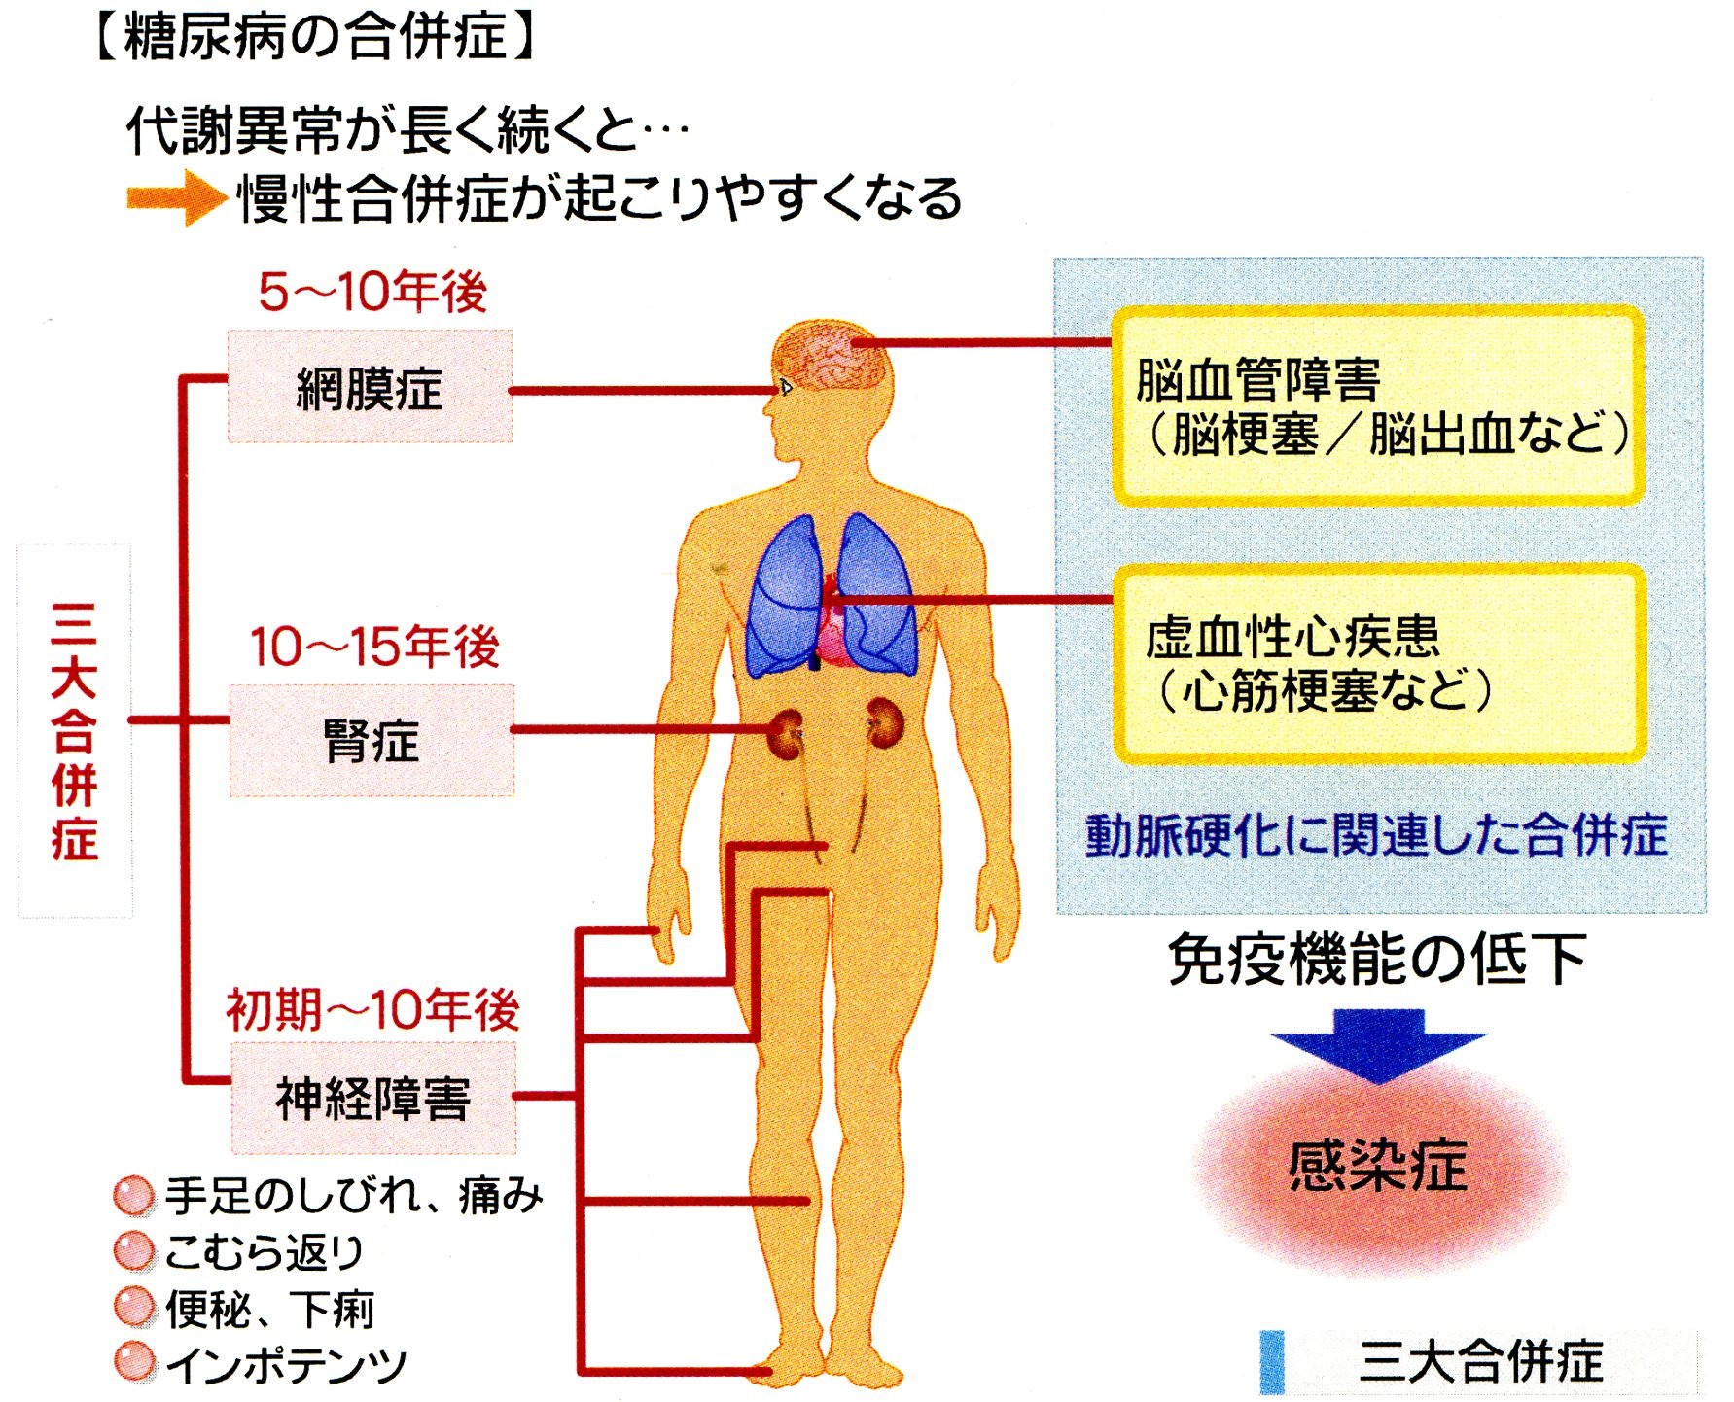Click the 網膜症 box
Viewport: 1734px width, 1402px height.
click(370, 387)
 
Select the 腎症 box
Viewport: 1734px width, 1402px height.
click(372, 741)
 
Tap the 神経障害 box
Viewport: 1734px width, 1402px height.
click(373, 1099)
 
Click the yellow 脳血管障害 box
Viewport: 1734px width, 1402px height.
click(1378, 405)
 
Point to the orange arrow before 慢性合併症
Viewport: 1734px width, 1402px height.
click(175, 198)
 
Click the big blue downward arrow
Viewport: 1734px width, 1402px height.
click(1378, 1044)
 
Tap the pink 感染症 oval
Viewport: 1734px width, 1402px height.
click(1378, 1167)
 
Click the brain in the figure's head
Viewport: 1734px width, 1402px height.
click(832, 355)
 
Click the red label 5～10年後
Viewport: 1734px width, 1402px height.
click(372, 292)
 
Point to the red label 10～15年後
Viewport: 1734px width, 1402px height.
click(374, 647)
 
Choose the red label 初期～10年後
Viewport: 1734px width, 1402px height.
click(372, 1009)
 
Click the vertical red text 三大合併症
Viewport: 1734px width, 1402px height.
click(75, 731)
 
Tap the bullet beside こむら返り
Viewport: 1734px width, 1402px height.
click(133, 1251)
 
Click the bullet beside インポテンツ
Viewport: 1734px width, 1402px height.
click(133, 1363)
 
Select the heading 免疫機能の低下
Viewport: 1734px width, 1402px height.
click(1377, 960)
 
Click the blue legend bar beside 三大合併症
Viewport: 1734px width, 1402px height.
click(1272, 1361)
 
